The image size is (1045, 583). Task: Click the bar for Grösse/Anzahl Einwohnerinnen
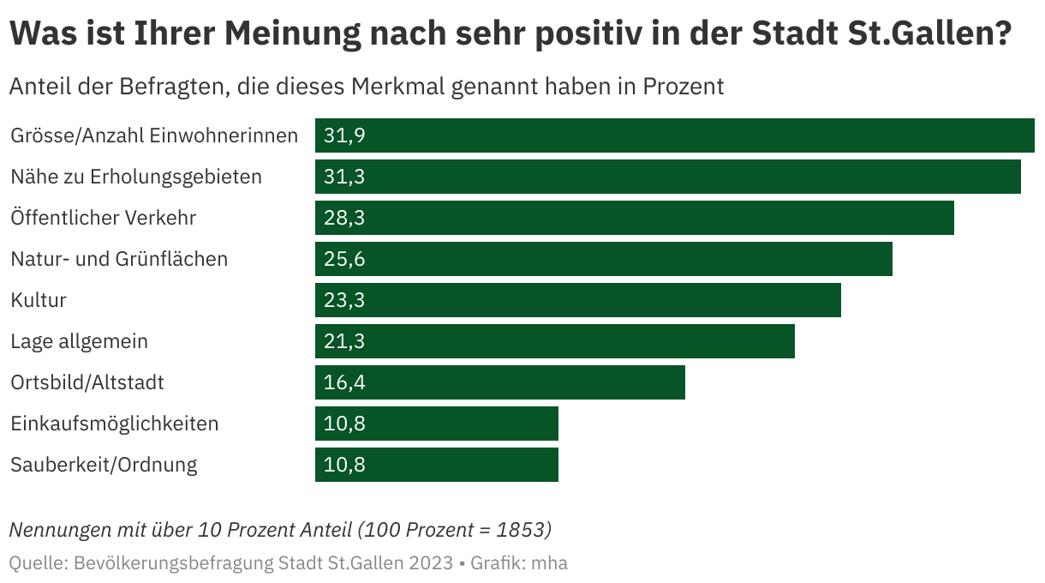(675, 135)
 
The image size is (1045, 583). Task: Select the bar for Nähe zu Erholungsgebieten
(668, 177)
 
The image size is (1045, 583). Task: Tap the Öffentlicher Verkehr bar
(635, 218)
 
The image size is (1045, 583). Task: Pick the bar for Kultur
(578, 300)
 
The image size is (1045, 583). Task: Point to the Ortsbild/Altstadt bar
(500, 382)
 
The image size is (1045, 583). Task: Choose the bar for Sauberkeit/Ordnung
(437, 465)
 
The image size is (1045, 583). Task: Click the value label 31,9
(344, 135)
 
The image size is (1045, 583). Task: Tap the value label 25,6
(344, 259)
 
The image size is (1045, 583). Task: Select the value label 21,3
(344, 341)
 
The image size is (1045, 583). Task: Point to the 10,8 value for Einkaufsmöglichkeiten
(344, 424)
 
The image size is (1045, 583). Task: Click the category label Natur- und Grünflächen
(119, 259)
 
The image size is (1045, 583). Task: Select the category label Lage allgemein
(79, 341)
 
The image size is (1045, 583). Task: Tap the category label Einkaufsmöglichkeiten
(114, 424)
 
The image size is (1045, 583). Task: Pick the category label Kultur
(38, 300)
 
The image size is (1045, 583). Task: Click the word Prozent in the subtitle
(683, 87)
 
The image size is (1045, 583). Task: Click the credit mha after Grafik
(549, 563)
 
